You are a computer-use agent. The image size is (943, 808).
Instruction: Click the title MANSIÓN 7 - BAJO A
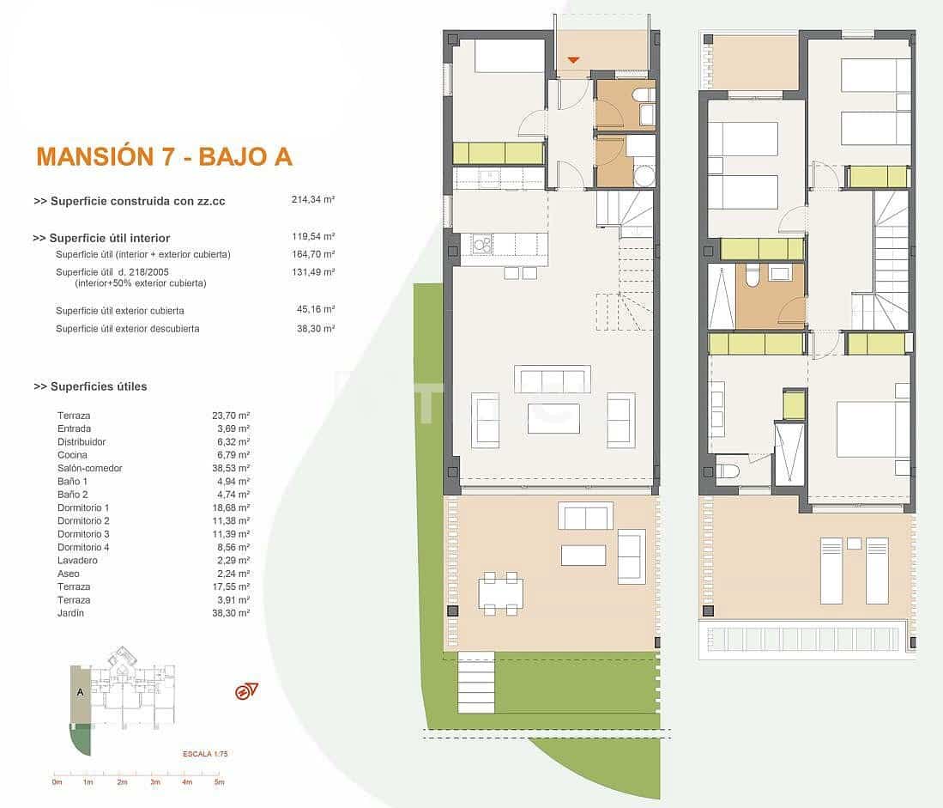tap(164, 156)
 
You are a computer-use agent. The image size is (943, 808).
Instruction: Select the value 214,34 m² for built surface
tap(312, 199)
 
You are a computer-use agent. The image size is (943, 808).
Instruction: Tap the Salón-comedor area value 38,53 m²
tap(231, 468)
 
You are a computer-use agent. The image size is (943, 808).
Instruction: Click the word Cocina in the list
tap(72, 455)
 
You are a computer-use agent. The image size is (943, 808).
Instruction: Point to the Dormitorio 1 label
tap(83, 507)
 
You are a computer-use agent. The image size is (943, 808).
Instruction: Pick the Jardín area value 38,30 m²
tap(231, 613)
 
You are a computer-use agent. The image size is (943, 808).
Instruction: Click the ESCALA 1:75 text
tap(205, 753)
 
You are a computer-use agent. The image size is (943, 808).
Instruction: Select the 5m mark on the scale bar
tap(219, 781)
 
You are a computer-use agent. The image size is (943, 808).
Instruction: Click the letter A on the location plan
tap(80, 691)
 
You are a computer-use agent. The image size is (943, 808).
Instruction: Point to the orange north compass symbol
tap(245, 691)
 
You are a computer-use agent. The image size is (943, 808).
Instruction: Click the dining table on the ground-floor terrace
tap(500, 593)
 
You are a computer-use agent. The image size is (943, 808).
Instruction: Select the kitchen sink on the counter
tap(491, 178)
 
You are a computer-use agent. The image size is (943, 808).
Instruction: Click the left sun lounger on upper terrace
tap(831, 571)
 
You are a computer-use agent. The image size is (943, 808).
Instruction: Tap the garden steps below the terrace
tap(476, 683)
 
